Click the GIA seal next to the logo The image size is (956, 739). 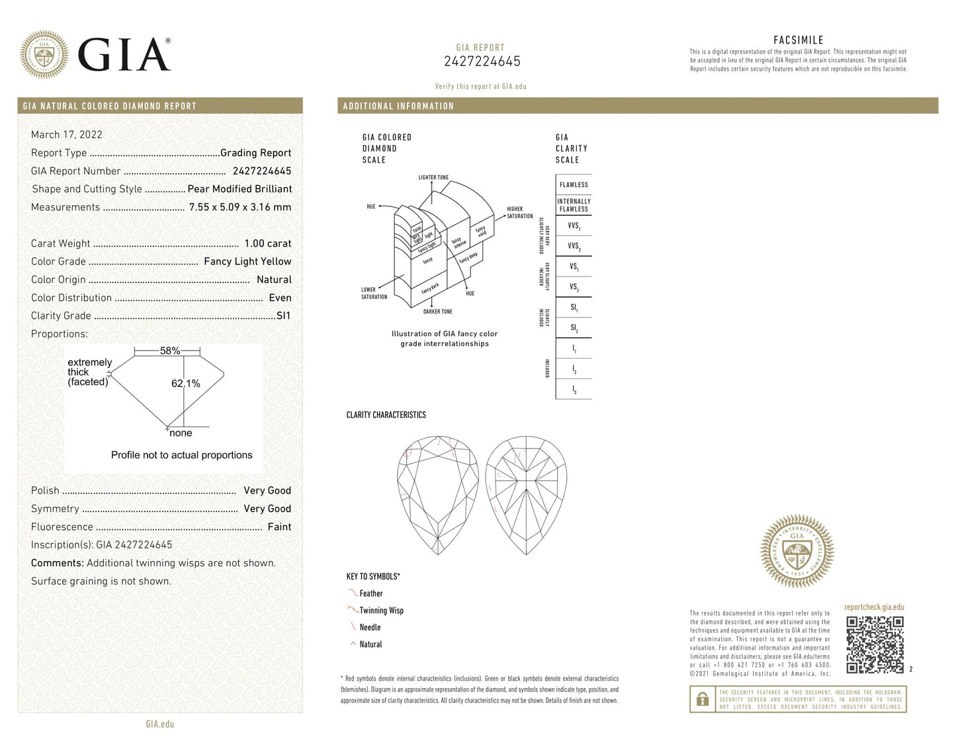(x=44, y=54)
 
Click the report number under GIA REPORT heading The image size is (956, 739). (x=482, y=62)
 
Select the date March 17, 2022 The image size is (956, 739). (x=66, y=134)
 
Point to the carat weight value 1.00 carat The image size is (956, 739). (x=267, y=243)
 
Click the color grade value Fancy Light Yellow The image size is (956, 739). (x=247, y=261)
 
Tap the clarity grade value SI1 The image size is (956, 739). (x=283, y=316)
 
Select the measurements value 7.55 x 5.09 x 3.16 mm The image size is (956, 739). (x=239, y=207)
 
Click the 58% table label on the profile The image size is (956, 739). (x=170, y=351)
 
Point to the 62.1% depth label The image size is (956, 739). (x=186, y=384)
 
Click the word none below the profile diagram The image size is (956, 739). (x=181, y=433)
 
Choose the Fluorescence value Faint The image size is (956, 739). (x=279, y=527)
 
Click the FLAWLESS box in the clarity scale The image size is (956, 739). (x=573, y=185)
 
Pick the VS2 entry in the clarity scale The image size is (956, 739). (x=574, y=287)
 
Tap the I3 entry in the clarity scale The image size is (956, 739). (x=574, y=390)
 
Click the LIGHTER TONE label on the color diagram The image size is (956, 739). (x=433, y=177)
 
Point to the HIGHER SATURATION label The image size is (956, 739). (x=519, y=212)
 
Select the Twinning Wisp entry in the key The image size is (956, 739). (x=381, y=611)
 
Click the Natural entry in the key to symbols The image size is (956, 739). (x=370, y=644)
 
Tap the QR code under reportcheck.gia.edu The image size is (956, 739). (x=875, y=644)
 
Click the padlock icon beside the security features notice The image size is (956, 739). (x=701, y=699)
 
